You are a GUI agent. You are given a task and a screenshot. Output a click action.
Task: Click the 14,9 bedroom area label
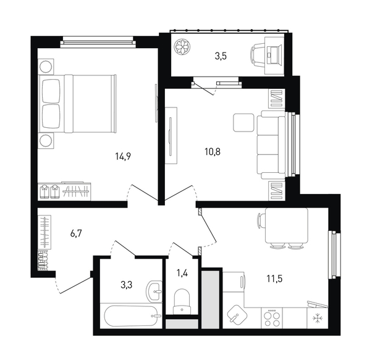[x=123, y=156]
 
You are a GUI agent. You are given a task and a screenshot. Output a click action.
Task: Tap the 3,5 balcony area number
[x=221, y=56]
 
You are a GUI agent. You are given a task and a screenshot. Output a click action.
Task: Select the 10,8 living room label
[x=213, y=152]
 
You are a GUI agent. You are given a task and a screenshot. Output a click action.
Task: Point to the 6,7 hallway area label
[x=76, y=233]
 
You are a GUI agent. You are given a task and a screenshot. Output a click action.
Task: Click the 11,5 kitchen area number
[x=274, y=278]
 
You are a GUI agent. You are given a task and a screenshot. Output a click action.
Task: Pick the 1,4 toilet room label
[x=182, y=273]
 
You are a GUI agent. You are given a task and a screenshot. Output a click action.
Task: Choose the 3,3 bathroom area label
[x=127, y=285]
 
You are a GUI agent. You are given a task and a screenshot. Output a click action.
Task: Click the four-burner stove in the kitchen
[x=272, y=318]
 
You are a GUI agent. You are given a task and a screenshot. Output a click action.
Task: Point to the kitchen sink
[x=237, y=314]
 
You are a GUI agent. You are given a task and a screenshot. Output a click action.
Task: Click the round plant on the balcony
[x=182, y=46]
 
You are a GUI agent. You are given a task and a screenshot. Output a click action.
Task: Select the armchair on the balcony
[x=258, y=56]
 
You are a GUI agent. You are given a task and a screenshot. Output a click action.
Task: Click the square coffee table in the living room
[x=243, y=122]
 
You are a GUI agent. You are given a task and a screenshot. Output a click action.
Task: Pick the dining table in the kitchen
[x=287, y=225]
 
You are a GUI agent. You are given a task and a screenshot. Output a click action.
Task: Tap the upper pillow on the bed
[x=51, y=91]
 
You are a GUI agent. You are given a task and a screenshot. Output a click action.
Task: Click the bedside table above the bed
[x=46, y=67]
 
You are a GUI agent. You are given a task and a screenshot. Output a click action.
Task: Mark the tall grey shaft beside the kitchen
[x=210, y=299]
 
